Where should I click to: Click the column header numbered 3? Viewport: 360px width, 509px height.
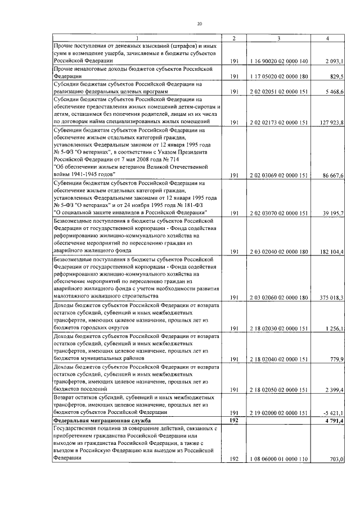(278, 38)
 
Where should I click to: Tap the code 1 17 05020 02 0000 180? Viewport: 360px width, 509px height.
(278, 75)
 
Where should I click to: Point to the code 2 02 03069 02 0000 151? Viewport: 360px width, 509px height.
(278, 175)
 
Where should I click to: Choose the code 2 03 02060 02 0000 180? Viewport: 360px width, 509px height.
(278, 298)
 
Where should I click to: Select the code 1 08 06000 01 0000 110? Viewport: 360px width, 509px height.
(278, 458)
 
